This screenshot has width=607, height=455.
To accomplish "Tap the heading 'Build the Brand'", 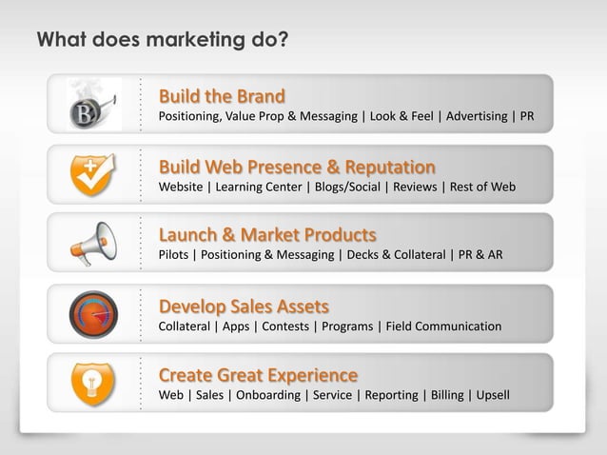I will [x=221, y=97].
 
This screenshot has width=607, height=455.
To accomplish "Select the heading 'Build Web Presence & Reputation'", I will [x=297, y=167].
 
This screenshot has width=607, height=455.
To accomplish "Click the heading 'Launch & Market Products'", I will [x=266, y=235].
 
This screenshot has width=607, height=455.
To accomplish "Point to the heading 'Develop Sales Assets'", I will [x=244, y=306].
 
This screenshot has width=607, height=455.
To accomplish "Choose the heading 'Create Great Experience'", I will [x=258, y=374].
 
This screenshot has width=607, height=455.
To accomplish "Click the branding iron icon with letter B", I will [x=94, y=106].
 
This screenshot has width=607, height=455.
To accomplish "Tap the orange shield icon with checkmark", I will [x=94, y=174].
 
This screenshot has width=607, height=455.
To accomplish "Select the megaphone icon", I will [x=94, y=244].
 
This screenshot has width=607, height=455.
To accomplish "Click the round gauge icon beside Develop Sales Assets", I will [x=94, y=313].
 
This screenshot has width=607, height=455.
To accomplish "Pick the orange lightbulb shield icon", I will [x=94, y=383].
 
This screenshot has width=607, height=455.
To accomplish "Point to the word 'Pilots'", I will [x=174, y=255].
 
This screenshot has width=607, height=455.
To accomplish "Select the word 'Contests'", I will [x=285, y=326].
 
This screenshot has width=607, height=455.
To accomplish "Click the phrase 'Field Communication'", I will [x=443, y=326].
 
